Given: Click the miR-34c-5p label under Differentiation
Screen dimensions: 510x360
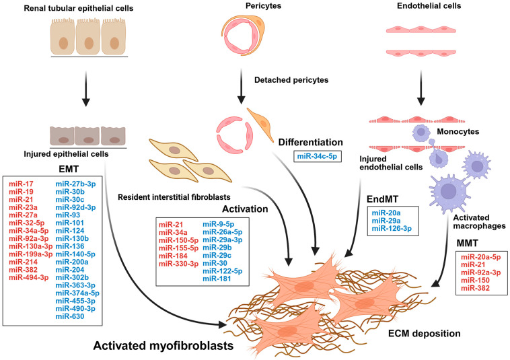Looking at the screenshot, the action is [317, 156].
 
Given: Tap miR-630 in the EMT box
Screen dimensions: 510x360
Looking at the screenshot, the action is [69, 316].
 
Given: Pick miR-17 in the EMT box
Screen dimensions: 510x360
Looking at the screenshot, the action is [21, 184].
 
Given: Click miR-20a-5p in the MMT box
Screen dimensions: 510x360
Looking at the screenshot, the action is [480, 256].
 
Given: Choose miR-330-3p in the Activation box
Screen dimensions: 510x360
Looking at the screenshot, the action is [178, 263].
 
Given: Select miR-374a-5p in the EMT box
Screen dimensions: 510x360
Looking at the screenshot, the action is [77, 293].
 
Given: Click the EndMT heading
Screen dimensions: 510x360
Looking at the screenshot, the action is [382, 199].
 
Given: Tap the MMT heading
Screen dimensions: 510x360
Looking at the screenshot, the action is [468, 243].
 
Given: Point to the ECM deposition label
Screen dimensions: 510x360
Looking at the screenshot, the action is [425, 333].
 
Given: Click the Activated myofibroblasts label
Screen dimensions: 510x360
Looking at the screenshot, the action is [163, 346].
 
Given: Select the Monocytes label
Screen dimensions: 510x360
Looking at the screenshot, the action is [458, 132].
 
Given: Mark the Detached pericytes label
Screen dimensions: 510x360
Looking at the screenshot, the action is [291, 80].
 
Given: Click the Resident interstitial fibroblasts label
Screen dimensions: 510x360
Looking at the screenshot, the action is [174, 197].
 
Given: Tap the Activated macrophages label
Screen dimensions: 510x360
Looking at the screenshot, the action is [479, 221].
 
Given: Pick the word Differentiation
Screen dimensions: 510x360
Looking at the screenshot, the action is [311, 142].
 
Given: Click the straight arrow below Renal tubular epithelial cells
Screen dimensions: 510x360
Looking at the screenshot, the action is [85, 88].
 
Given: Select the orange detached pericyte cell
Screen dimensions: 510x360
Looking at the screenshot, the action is [261, 124].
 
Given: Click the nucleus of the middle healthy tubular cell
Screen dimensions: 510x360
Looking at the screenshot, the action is [89, 43].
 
